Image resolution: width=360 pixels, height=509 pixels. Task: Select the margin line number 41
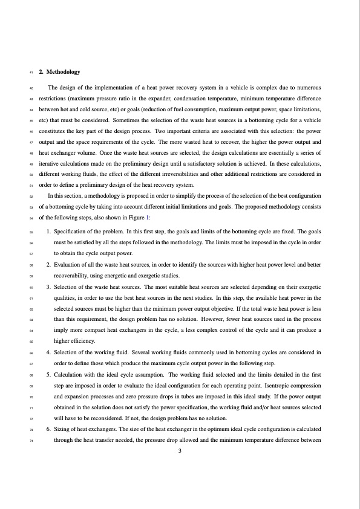click(x=30, y=73)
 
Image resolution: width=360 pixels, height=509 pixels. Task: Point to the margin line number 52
click(x=30, y=196)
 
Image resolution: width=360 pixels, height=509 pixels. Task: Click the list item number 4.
click(x=48, y=351)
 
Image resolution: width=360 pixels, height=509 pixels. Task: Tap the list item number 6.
click(x=48, y=429)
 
